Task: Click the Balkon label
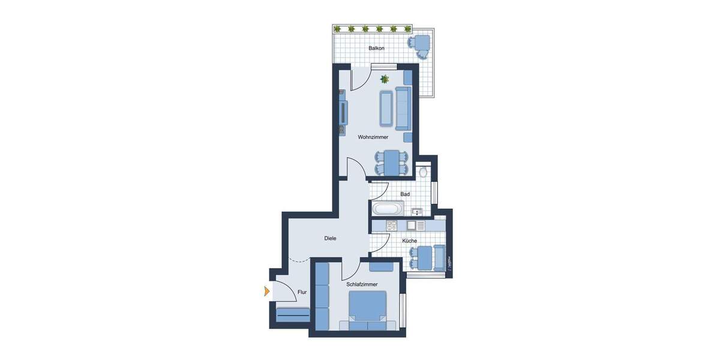(x=376, y=48)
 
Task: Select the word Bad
(x=405, y=194)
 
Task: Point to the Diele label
(x=330, y=239)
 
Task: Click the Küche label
(x=410, y=241)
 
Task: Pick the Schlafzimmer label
(x=362, y=284)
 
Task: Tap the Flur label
(x=302, y=293)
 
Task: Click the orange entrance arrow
(x=266, y=292)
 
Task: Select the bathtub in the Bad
(x=387, y=210)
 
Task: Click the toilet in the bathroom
(x=424, y=172)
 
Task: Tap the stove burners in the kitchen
(x=391, y=226)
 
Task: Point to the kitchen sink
(x=412, y=226)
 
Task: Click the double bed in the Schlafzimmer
(x=366, y=307)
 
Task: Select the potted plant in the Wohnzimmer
(x=385, y=79)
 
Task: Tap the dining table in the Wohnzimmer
(x=393, y=162)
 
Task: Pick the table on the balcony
(x=422, y=44)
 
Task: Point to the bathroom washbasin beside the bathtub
(x=417, y=211)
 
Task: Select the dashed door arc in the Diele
(x=298, y=260)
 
